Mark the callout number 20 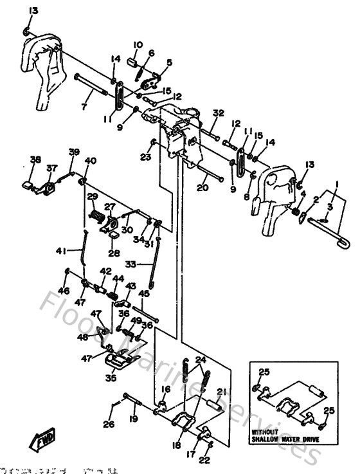pyautogui.click(x=203, y=188)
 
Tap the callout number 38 pyautogui.click(x=35, y=160)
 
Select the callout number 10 pyautogui.click(x=137, y=44)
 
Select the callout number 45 pyautogui.click(x=144, y=293)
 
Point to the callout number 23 pyautogui.click(x=146, y=156)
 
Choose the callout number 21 pyautogui.click(x=221, y=392)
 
